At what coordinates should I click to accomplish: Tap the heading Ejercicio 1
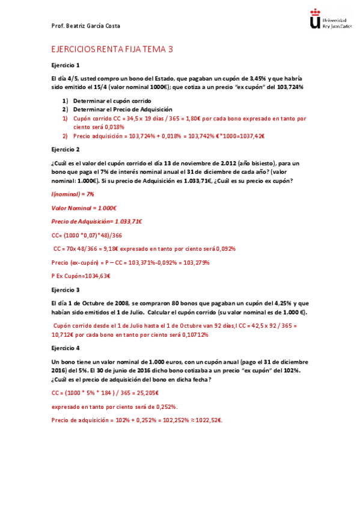(66, 65)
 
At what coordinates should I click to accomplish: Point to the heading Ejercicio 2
(66, 149)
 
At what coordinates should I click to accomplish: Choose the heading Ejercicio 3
(66, 289)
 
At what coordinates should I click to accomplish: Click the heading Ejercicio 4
(66, 348)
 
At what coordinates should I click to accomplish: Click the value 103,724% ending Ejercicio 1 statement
(288, 87)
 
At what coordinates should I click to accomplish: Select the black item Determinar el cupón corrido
(112, 100)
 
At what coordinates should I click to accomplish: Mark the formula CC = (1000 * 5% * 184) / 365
(105, 392)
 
